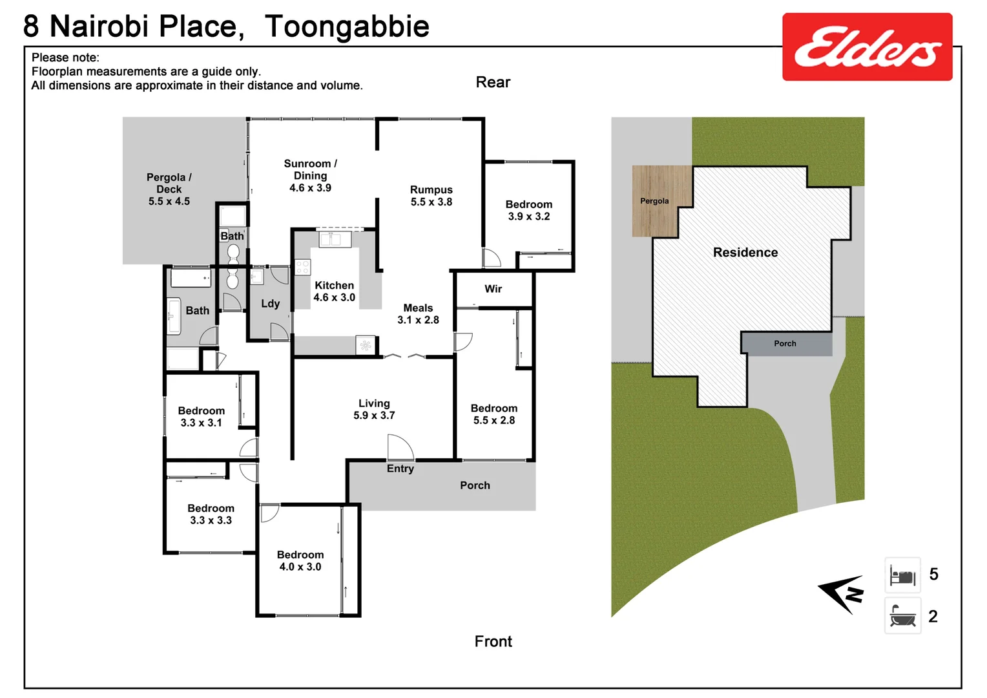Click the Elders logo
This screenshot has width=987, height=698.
pos(867,47)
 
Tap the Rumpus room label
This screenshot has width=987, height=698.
pos(431,196)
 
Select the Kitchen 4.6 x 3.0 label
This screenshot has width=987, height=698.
pos(334,291)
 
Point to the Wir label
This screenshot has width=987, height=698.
pos(493,289)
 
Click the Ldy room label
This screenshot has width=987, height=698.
pos(270,304)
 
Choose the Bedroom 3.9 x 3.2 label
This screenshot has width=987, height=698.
pos(528,210)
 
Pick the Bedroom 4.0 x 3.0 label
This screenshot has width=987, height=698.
pos(300,561)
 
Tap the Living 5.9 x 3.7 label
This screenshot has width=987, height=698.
pos(374,409)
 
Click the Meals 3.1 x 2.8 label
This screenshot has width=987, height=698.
pos(418,314)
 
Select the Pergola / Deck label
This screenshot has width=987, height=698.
pos(169,189)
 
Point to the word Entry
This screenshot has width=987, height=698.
pos(400,469)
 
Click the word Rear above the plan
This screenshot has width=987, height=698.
pos(493,82)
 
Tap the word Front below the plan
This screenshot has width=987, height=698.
pos(493,641)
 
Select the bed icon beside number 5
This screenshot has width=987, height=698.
pos(902,575)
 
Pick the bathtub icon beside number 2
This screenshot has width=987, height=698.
pos(902,616)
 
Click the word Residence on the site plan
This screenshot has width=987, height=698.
pos(745,252)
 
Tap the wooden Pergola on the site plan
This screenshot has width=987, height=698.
pos(654,201)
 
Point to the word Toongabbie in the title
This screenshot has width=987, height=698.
pos(347,26)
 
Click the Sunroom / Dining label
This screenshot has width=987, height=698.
pos(310,176)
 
